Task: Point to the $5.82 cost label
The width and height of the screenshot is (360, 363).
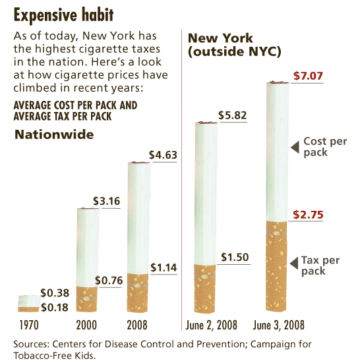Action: (233, 115)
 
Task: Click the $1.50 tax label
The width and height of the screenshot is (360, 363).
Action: (234, 257)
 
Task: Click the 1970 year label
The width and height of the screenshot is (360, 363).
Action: (27, 325)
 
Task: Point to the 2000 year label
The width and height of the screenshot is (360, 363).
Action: (87, 325)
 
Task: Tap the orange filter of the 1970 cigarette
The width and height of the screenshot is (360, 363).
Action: (27, 307)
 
